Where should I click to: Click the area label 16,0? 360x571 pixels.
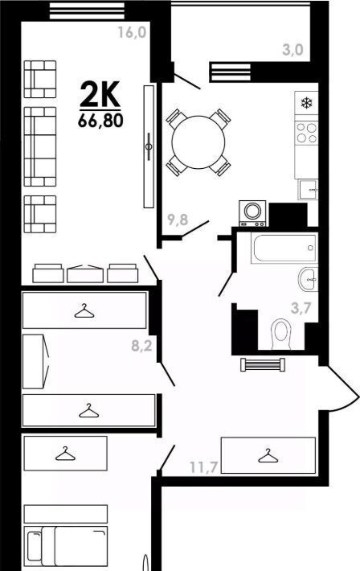[132, 32]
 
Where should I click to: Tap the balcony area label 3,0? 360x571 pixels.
[292, 50]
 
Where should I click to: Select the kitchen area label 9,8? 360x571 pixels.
[178, 220]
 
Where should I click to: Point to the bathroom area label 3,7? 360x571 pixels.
[301, 309]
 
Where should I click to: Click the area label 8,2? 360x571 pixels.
[141, 346]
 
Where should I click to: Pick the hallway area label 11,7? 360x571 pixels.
[203, 466]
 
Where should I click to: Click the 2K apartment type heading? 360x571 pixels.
[100, 94]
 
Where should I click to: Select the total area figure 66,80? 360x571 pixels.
[100, 121]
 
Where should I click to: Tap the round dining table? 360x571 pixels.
[198, 142]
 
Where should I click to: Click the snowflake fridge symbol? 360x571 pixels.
[306, 103]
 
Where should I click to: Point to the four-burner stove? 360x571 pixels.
[306, 133]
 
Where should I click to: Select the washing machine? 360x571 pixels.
[252, 213]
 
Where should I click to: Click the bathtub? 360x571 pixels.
[284, 249]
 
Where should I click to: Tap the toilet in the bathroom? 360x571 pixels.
[282, 334]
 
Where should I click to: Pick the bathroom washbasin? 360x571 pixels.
[308, 279]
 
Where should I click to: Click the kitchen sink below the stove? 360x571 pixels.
[308, 189]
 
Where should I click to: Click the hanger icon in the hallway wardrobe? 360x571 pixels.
[268, 456]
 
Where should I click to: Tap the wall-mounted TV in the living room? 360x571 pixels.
[149, 146]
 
